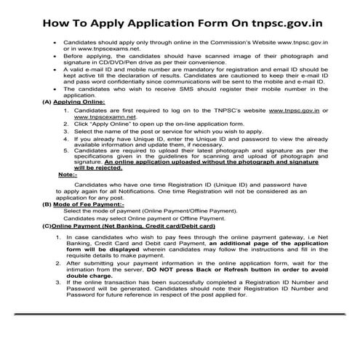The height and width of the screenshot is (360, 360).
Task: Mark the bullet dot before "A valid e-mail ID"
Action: [55, 78]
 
